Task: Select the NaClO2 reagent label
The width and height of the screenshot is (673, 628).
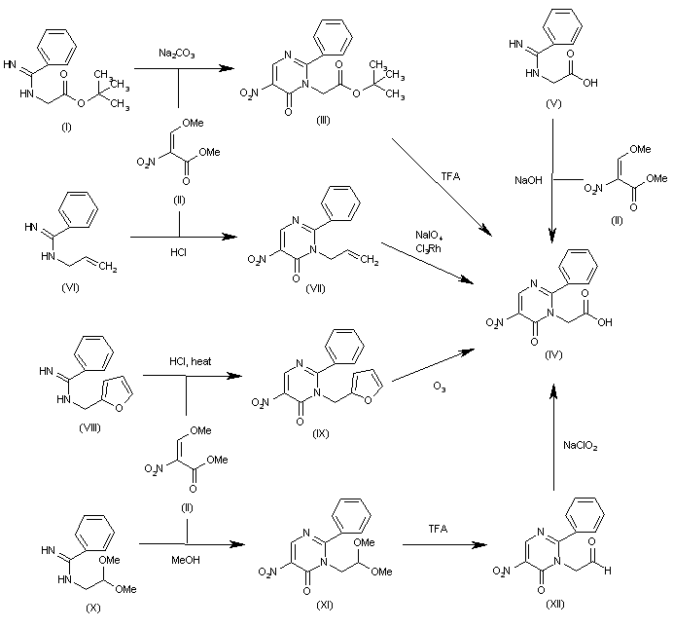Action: click(581, 446)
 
